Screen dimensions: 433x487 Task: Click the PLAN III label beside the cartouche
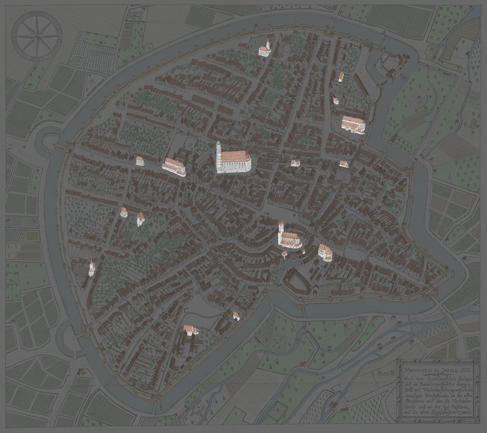tap(386, 373)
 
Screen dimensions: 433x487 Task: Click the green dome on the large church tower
tap(218, 143)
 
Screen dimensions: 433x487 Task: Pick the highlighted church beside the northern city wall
tap(265, 48)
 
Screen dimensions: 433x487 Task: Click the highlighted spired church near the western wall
tap(92, 268)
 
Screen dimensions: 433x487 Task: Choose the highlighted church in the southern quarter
tap(191, 330)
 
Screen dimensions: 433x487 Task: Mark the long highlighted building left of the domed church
tap(174, 166)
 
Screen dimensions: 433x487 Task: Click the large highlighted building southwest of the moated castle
tap(354, 124)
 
